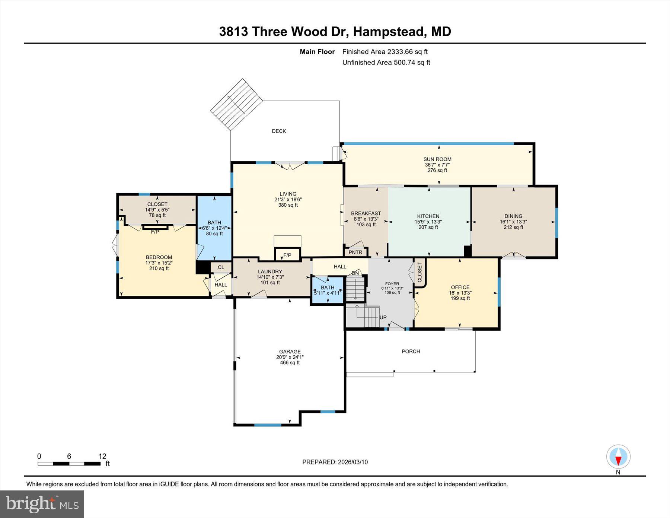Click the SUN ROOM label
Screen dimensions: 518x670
pyautogui.click(x=437, y=159)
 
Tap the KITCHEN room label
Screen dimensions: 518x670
pyautogui.click(x=428, y=216)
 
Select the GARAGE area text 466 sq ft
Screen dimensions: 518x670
pyautogui.click(x=290, y=362)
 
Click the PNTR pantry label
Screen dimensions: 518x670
pyautogui.click(x=355, y=252)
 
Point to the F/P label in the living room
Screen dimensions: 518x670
pyautogui.click(x=287, y=255)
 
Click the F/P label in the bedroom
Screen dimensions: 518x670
pyautogui.click(x=155, y=232)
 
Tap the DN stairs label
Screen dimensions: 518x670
pyautogui.click(x=355, y=273)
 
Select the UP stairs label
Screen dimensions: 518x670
pyautogui.click(x=383, y=317)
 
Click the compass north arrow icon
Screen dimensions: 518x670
pyautogui.click(x=618, y=457)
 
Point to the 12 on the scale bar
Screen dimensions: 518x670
pyautogui.click(x=102, y=456)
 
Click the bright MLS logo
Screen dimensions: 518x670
pyautogui.click(x=42, y=504)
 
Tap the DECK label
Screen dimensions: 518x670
pyautogui.click(x=279, y=131)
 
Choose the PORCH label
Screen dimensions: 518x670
pyautogui.click(x=411, y=351)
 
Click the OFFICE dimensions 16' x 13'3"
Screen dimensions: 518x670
pyautogui.click(x=460, y=293)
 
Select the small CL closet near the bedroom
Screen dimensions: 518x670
pyautogui.click(x=221, y=267)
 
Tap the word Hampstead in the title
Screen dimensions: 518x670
pyautogui.click(x=389, y=31)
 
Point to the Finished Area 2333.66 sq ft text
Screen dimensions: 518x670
pyautogui.click(x=385, y=52)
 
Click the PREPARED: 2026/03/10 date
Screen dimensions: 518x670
pyautogui.click(x=335, y=462)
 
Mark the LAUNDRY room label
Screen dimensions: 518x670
pyautogui.click(x=270, y=271)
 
